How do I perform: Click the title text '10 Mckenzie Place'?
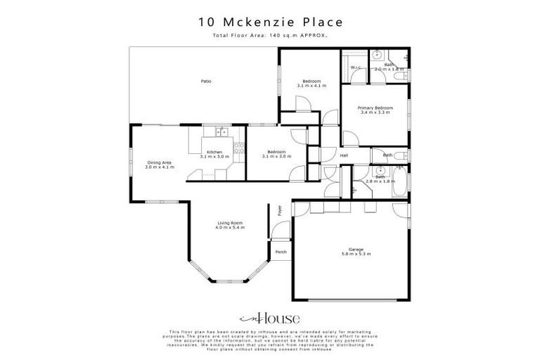point(270,22)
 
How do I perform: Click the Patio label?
point(206,82)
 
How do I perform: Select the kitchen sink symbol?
point(221,131)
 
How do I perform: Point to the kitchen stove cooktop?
point(240,148)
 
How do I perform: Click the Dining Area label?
point(159,164)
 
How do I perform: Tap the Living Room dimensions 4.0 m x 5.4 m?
point(229,228)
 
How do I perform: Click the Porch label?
point(281,252)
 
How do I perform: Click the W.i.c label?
point(354,67)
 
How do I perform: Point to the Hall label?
point(344,155)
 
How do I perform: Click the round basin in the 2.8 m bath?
point(380,171)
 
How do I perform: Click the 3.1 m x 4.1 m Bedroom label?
point(311,83)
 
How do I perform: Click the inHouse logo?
point(270,318)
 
